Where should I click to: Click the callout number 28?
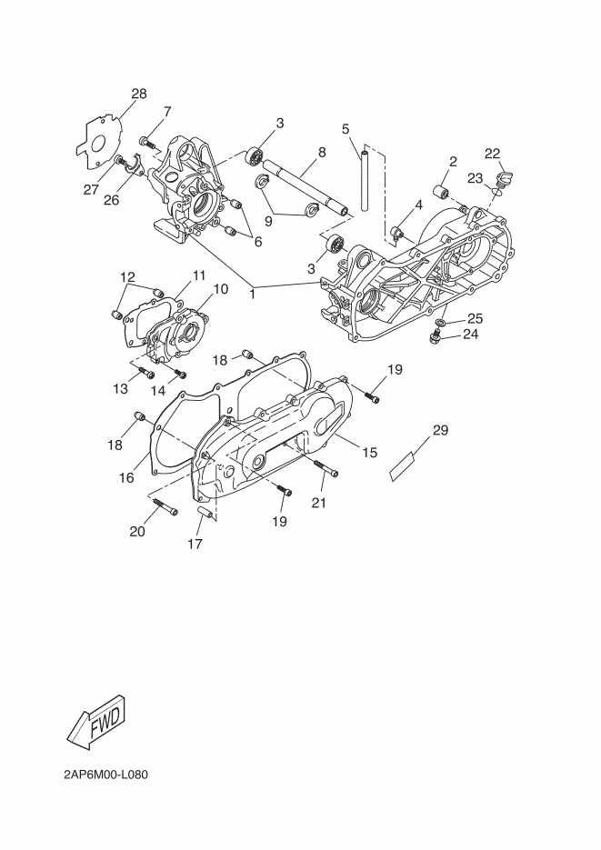pyautogui.click(x=139, y=94)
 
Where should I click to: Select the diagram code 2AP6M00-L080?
pyautogui.click(x=105, y=775)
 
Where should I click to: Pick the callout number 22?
pyautogui.click(x=492, y=153)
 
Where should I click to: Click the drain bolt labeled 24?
pyautogui.click(x=437, y=339)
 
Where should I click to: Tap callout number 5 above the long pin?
pyautogui.click(x=346, y=129)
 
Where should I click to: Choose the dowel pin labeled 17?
pyautogui.click(x=205, y=515)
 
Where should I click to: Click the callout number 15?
pyautogui.click(x=370, y=452)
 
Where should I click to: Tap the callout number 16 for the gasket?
pyautogui.click(x=127, y=477)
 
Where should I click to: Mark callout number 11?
pyautogui.click(x=199, y=275)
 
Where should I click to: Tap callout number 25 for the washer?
pyautogui.click(x=475, y=318)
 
